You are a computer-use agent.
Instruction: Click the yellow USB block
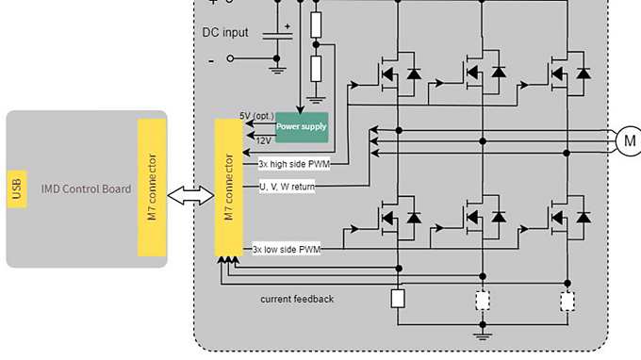[x=17, y=189]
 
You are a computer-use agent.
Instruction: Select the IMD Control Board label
[x=86, y=189]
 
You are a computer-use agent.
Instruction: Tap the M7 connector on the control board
[x=152, y=188]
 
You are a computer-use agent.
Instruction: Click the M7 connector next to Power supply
[x=228, y=188]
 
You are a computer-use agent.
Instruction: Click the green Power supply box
[x=302, y=126]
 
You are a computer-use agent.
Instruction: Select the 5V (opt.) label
[x=256, y=115]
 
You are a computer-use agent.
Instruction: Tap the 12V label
[x=263, y=139]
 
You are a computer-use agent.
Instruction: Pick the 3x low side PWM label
[x=287, y=250]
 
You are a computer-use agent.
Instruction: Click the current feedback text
[x=297, y=299]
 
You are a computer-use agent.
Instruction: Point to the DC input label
[x=226, y=33]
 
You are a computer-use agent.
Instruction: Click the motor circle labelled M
[x=628, y=141]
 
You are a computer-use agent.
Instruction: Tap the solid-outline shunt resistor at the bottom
[x=398, y=299]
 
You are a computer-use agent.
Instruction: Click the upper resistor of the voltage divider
[x=316, y=24]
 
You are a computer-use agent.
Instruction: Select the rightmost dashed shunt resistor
[x=567, y=301]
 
